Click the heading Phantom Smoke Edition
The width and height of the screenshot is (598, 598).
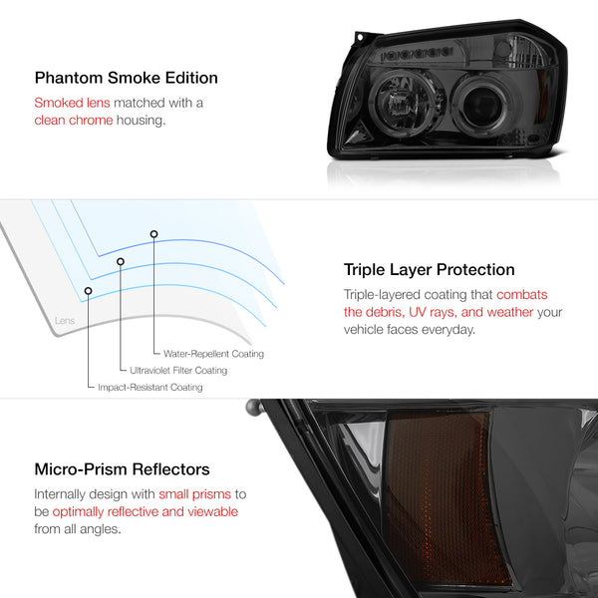tap(127, 78)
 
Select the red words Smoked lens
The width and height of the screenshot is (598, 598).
tap(72, 103)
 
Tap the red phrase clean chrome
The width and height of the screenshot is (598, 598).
tap(74, 121)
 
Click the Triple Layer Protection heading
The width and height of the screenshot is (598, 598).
tap(429, 270)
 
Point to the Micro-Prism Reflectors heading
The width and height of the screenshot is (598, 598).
tap(122, 469)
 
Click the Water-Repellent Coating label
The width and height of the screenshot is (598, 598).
tap(213, 354)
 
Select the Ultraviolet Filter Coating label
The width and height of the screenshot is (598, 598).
tap(178, 371)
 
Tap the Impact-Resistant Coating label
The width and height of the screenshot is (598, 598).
tap(150, 387)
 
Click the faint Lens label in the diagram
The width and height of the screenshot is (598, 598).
tap(65, 320)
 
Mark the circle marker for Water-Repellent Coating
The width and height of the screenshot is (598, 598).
tap(153, 234)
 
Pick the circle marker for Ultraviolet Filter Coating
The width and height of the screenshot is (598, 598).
tap(121, 261)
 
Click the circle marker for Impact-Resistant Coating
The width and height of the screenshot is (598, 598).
tap(88, 291)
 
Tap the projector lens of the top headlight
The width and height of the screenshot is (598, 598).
tap(481, 105)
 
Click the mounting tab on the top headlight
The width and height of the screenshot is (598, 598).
tap(359, 38)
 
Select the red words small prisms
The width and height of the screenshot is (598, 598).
tap(195, 494)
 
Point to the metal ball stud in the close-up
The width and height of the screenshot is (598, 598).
tap(254, 408)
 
